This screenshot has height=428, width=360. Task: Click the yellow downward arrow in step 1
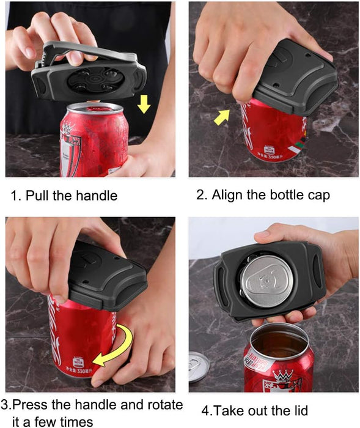click(x=144, y=104)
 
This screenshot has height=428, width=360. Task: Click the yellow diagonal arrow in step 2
click(x=222, y=117)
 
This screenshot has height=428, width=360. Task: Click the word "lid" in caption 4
click(x=299, y=410)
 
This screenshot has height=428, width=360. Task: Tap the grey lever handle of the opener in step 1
click(x=88, y=54)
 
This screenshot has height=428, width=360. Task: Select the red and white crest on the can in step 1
click(x=70, y=152)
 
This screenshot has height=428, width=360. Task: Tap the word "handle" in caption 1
click(x=97, y=196)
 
